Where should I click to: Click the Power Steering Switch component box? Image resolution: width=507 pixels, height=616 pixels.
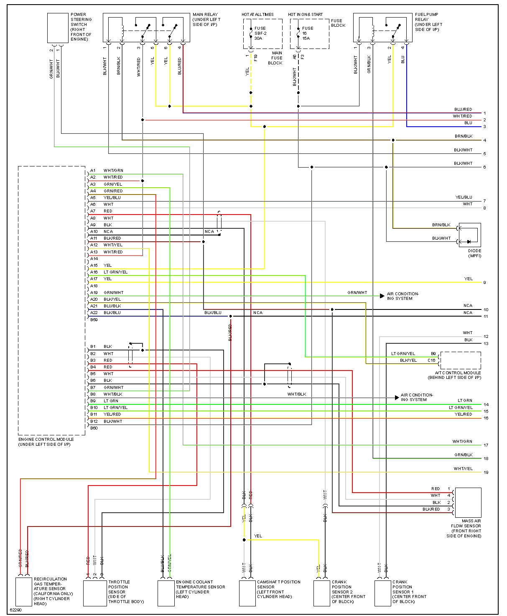tap(58, 28)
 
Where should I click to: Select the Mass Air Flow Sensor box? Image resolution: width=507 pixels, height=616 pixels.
tap(468, 502)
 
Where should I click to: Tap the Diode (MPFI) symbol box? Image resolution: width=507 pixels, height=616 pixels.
tap(470, 235)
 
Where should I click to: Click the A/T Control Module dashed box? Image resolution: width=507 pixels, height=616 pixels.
tap(460, 360)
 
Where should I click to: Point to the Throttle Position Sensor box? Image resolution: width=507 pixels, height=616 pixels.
tap(95, 593)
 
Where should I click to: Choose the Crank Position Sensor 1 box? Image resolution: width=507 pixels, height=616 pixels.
tap(382, 593)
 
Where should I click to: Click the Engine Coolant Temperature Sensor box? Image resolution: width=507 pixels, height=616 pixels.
tap(166, 593)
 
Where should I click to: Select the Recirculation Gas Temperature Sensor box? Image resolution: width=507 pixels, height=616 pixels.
tap(24, 591)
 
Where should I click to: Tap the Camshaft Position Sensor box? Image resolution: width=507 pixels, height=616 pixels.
tap(247, 593)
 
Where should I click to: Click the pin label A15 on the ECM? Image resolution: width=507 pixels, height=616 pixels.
tap(94, 266)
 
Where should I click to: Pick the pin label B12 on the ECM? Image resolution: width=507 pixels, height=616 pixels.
tap(94, 421)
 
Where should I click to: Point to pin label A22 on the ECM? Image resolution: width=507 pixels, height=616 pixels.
tap(94, 313)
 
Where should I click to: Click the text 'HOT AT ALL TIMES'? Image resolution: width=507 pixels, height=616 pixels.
tap(257, 15)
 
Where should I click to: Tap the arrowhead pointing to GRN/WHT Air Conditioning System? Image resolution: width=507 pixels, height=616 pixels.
tap(382, 296)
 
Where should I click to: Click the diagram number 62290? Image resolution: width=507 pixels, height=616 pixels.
tap(15, 610)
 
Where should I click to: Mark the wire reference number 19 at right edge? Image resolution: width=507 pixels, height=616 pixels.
tap(486, 473)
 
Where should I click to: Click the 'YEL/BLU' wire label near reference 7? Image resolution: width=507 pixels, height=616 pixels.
tap(464, 197)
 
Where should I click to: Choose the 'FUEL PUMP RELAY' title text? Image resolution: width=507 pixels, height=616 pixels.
tap(426, 17)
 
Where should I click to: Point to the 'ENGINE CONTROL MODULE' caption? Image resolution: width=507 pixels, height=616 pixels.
tap(46, 440)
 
